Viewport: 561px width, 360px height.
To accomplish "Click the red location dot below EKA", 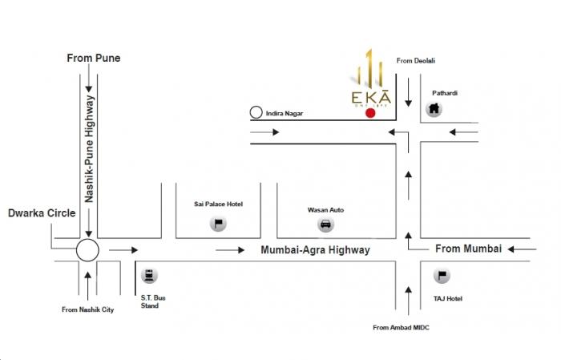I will click(369, 113).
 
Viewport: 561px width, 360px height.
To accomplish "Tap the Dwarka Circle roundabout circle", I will click(87, 250).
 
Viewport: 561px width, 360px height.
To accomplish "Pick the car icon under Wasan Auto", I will click(325, 224).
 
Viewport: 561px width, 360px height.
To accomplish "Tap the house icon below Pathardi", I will click(434, 108).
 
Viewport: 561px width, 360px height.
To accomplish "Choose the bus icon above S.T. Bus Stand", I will click(148, 277).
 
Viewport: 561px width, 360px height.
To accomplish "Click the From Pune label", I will click(94, 59).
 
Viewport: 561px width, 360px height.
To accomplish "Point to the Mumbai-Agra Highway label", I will click(316, 250).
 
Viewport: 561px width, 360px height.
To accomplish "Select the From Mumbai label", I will click(468, 249).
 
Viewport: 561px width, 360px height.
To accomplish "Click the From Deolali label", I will click(415, 60).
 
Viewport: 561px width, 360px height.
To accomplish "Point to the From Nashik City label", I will click(88, 309).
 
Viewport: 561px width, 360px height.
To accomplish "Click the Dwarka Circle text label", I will click(42, 213).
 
